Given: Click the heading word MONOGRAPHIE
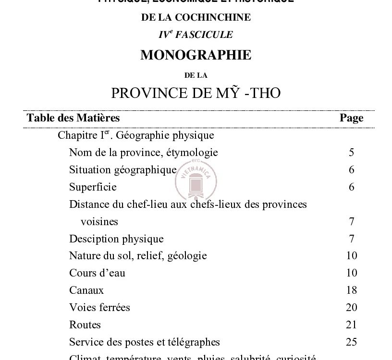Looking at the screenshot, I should [x=196, y=55].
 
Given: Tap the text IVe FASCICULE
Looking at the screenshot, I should [x=196, y=35].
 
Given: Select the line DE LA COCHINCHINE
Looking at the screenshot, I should [x=196, y=17].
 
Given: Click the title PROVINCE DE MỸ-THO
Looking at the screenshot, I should [x=196, y=93].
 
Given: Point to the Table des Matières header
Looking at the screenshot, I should [x=73, y=118].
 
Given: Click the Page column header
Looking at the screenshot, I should [x=351, y=118].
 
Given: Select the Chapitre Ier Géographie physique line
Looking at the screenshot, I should [x=135, y=135].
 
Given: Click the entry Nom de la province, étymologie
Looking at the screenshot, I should [x=143, y=153].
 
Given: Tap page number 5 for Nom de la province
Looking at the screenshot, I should [x=352, y=153].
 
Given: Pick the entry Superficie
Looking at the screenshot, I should [x=93, y=187].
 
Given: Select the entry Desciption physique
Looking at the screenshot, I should [x=116, y=239].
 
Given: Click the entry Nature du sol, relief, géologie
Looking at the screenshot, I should [x=138, y=256].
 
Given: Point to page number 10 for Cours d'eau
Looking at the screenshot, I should [x=351, y=273].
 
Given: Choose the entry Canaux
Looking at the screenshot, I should [x=86, y=290].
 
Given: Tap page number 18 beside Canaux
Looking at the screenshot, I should [x=351, y=290].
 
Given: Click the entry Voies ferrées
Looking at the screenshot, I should [x=99, y=307].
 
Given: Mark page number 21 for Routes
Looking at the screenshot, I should [x=351, y=324].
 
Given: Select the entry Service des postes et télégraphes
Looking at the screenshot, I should [x=144, y=342].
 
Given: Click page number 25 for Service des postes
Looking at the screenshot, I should [x=351, y=342].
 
